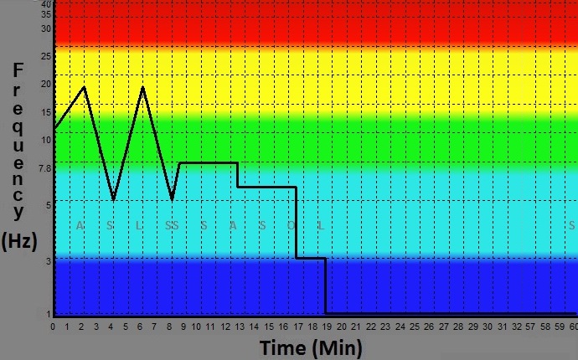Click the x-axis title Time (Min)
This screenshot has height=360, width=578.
point(310,347)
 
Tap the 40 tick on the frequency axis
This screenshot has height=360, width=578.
point(46,4)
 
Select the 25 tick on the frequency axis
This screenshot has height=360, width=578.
point(46,56)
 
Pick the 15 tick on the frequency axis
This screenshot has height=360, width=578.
point(46,111)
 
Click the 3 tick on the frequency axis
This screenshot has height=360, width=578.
point(49,261)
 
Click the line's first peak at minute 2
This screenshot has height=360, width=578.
point(84,87)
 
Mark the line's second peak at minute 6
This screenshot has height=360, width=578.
point(142,87)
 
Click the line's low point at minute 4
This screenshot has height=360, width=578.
point(113,199)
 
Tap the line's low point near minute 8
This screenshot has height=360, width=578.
point(172,199)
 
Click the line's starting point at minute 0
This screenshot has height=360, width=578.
point(54,128)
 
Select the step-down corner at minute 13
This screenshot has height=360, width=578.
point(238,163)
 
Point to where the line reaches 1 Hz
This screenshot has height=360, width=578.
point(326,314)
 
